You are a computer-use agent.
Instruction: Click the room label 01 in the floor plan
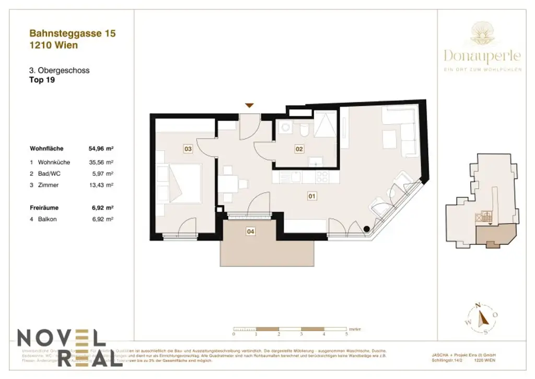(312, 197)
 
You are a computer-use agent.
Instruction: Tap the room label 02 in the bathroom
(299, 149)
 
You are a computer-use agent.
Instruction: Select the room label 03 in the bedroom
(188, 149)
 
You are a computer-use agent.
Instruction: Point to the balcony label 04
(251, 230)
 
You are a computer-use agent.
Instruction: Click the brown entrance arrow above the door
(250, 105)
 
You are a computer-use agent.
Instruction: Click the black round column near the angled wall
(367, 228)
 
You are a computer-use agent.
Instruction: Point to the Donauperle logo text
(482, 55)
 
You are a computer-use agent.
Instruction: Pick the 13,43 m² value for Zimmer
(101, 185)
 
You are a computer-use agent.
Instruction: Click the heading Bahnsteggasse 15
(73, 34)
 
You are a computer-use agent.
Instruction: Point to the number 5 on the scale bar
(346, 333)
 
